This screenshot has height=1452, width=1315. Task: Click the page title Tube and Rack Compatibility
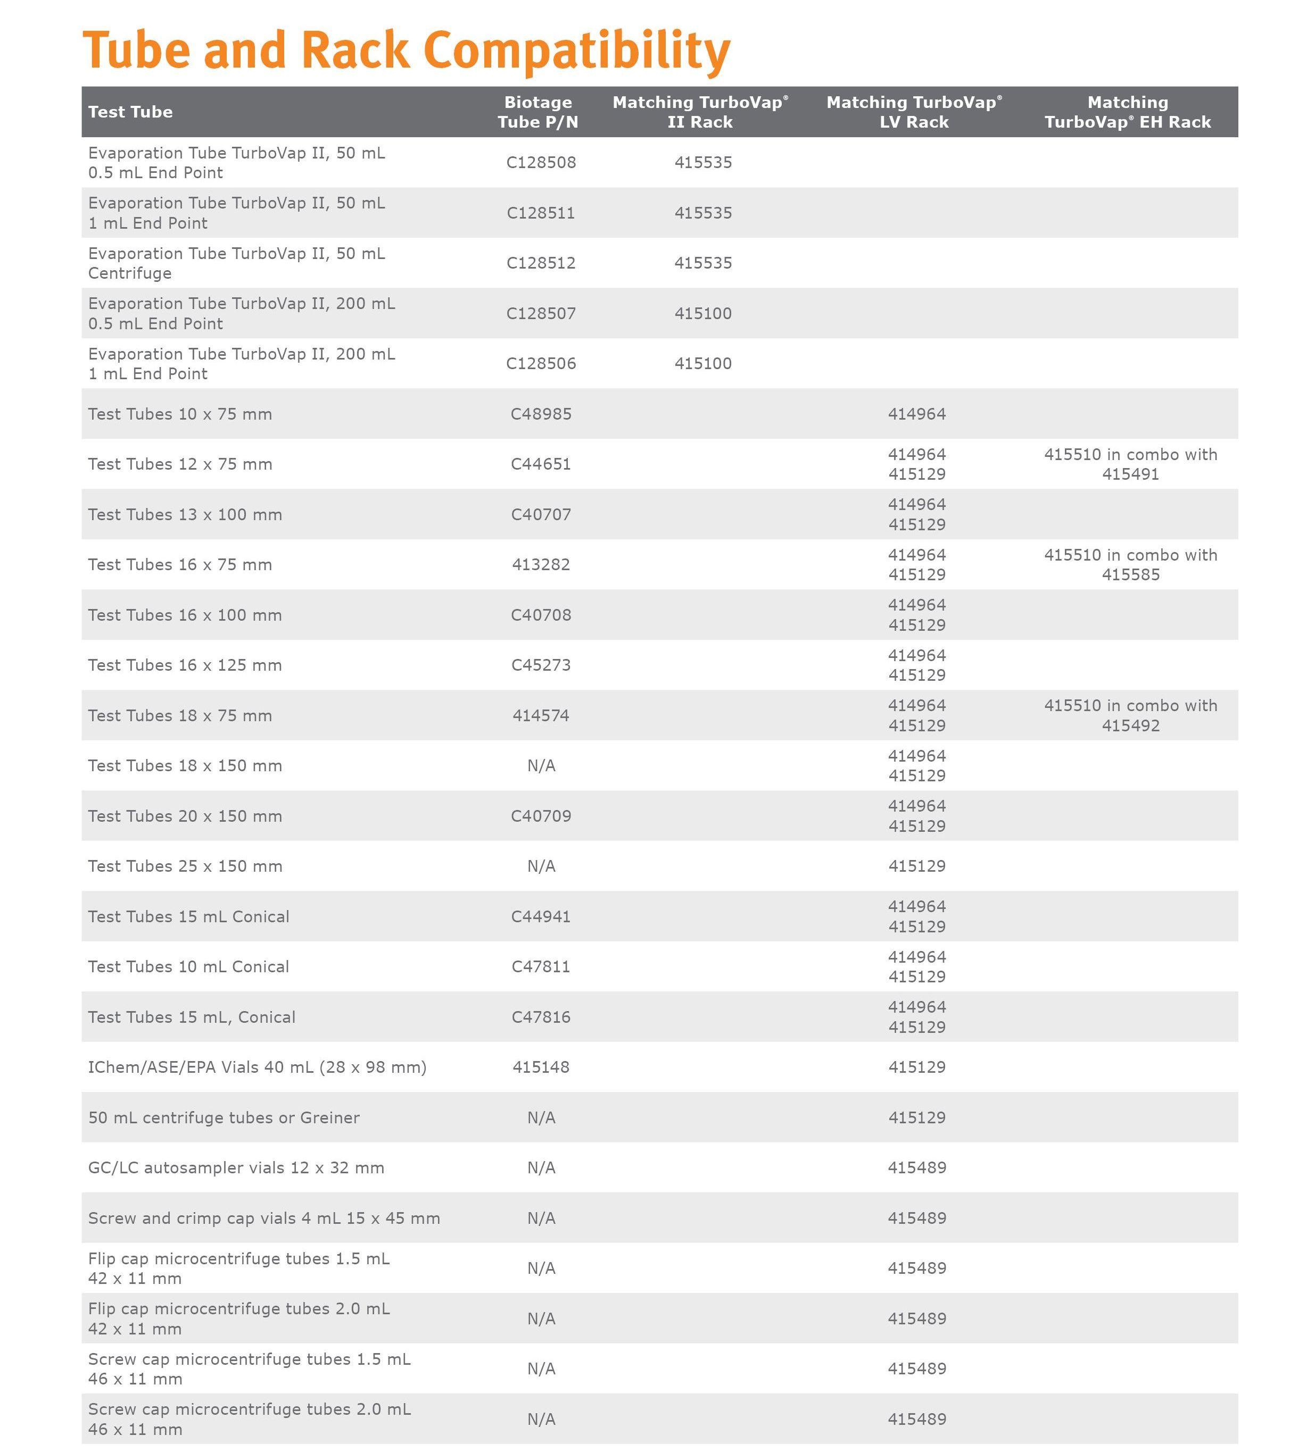point(407,51)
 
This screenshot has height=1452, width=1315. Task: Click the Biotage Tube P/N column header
point(537,112)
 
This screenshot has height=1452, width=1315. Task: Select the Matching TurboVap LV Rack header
point(914,112)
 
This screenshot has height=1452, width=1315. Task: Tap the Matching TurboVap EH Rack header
point(1128,112)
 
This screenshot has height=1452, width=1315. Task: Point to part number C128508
point(541,162)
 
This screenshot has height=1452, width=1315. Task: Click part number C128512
point(541,263)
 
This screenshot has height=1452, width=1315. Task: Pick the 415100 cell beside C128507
point(702,313)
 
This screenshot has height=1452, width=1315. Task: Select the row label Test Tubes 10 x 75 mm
point(180,414)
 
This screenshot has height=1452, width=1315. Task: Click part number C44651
point(541,464)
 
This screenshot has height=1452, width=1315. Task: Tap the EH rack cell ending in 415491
point(1130,464)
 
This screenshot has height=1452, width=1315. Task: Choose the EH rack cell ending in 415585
point(1130,565)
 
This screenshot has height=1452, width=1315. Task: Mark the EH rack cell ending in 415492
point(1130,715)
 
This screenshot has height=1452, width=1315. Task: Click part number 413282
point(541,565)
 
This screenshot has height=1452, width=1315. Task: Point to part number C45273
point(541,665)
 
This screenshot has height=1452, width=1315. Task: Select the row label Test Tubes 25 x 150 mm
point(185,866)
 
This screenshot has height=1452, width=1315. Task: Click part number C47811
point(541,966)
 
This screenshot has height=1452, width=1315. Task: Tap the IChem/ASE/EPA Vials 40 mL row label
point(257,1067)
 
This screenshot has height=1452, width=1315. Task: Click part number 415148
point(541,1067)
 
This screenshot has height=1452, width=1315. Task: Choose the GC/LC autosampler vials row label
point(236,1167)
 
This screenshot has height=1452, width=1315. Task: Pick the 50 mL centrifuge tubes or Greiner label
point(224,1117)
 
